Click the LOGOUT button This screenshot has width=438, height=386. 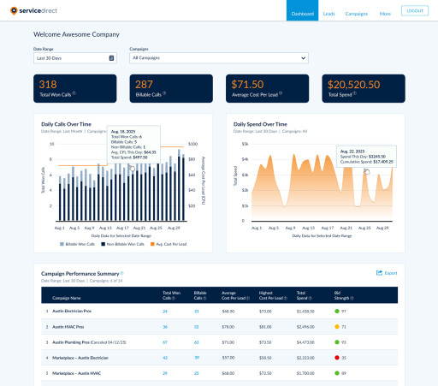415,10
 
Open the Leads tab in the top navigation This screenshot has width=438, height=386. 329,14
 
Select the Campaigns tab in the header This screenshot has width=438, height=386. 356,14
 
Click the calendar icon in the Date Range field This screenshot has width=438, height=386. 112,58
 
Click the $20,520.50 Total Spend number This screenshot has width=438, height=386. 358,84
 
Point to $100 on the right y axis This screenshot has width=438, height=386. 192,145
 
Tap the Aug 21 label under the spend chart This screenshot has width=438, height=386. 326,229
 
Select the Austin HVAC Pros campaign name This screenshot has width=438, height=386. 73,326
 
